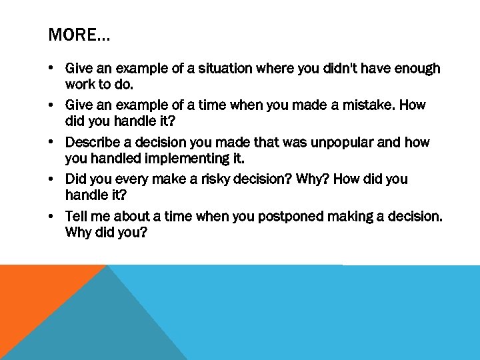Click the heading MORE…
[x=79, y=35]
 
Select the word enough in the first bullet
[x=416, y=69]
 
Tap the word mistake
[x=357, y=105]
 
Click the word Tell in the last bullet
[x=76, y=217]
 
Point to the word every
[x=132, y=179]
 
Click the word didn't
[x=340, y=69]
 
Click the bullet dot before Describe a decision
[x=51, y=143]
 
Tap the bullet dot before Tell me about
[x=51, y=217]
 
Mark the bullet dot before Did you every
[x=51, y=180]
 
